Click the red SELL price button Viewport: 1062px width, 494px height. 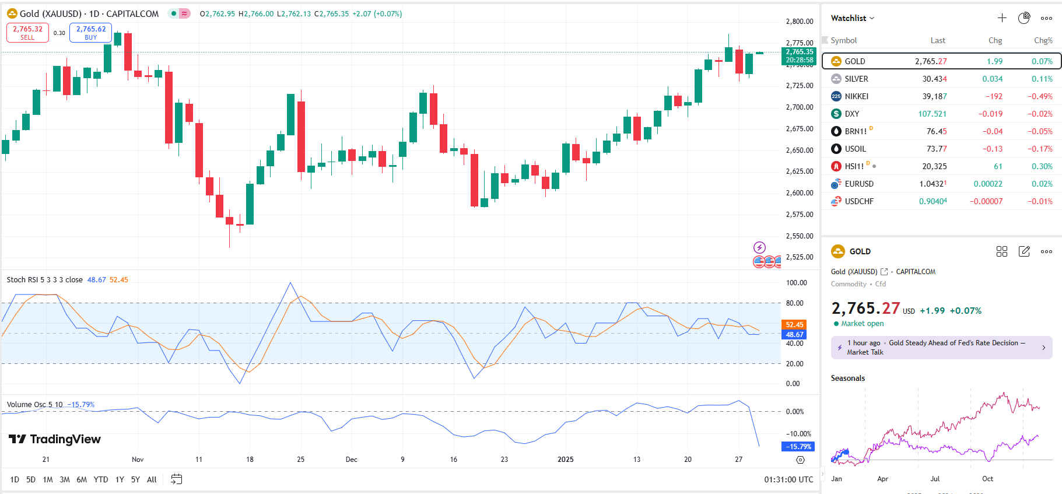pos(27,33)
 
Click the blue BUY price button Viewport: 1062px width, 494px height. pos(90,33)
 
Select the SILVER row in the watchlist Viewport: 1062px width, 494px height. pos(856,79)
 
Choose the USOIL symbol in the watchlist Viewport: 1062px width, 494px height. pos(855,149)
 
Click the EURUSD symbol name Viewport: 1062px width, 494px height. pos(859,184)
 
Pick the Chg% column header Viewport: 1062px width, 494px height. pos(1043,40)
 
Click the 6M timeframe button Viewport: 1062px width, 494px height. pos(82,479)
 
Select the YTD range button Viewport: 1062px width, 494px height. pos(101,479)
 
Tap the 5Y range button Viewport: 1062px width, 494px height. pos(135,479)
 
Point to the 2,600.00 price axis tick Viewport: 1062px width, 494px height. pos(800,193)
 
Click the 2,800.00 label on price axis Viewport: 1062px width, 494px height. pos(800,22)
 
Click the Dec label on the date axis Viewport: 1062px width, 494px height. pos(351,460)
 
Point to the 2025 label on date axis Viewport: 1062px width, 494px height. pos(565,460)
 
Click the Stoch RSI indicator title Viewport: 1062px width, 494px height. pos(44,280)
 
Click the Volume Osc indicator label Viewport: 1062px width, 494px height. pos(34,405)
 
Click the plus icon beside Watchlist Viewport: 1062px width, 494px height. pos(1002,18)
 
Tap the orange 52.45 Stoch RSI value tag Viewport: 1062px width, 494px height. pos(794,325)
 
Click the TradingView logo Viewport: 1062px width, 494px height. pos(55,439)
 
